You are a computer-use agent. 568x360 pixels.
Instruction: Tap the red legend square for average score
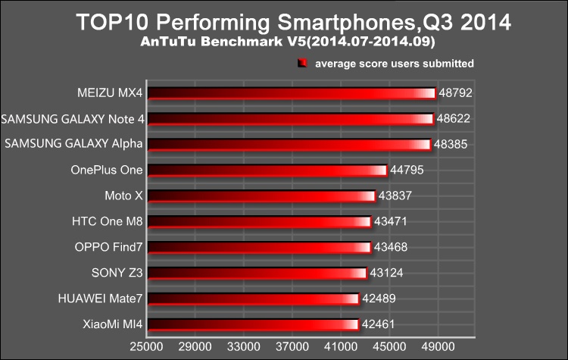point(302,64)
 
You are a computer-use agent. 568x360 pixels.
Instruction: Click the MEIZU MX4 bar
point(292,93)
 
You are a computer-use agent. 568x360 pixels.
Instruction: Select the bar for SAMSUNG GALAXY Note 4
point(290,119)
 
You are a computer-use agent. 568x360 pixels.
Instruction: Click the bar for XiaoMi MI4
point(252,325)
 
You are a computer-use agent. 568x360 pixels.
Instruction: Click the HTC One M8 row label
point(108,222)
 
